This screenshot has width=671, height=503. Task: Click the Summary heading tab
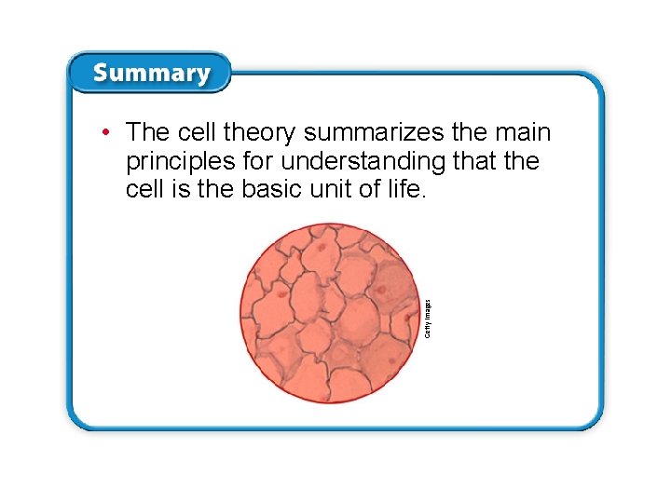tap(150, 73)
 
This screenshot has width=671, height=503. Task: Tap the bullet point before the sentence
tap(109, 132)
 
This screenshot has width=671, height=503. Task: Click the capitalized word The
tap(146, 132)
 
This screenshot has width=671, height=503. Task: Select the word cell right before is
tap(143, 191)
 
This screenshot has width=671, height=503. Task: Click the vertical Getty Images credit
tap(428, 318)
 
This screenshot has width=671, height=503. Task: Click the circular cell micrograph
tap(329, 313)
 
